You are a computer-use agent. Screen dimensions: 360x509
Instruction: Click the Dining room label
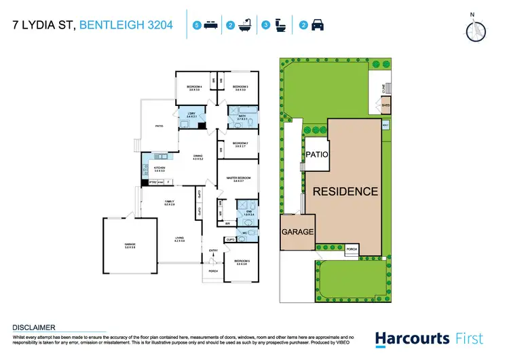(x=198, y=158)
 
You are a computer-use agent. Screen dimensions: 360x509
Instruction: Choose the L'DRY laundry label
(x=191, y=115)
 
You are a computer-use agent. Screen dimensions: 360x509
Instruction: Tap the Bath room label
(x=241, y=118)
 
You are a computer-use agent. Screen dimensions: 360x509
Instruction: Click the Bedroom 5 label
(x=241, y=262)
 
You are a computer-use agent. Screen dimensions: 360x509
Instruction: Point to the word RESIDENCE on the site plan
(x=345, y=192)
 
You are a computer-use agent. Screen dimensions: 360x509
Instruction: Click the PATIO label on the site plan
(x=316, y=154)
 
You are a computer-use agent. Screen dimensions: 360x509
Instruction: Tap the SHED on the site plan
(x=385, y=106)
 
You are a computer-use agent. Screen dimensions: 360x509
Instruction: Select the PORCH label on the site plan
(x=352, y=249)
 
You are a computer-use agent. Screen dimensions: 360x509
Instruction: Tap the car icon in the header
(x=317, y=26)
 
